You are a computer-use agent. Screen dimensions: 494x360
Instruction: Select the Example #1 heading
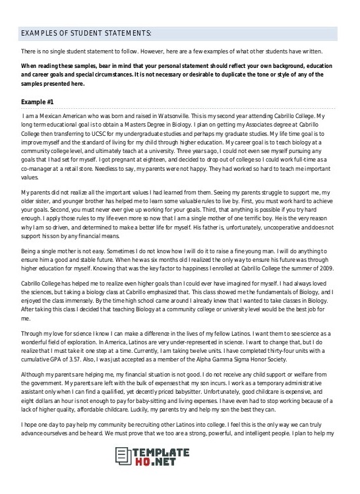pyautogui.click(x=38, y=102)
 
